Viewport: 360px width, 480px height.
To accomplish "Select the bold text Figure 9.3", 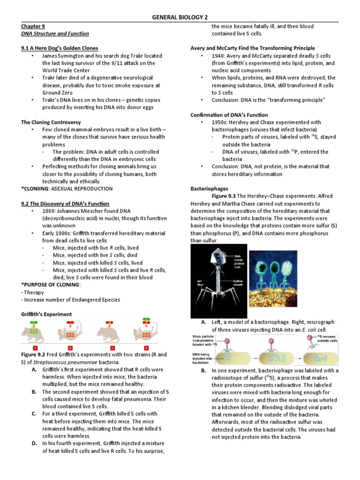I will pos(227,196).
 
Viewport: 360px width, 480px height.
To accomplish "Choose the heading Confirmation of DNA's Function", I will pos(229,115).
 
